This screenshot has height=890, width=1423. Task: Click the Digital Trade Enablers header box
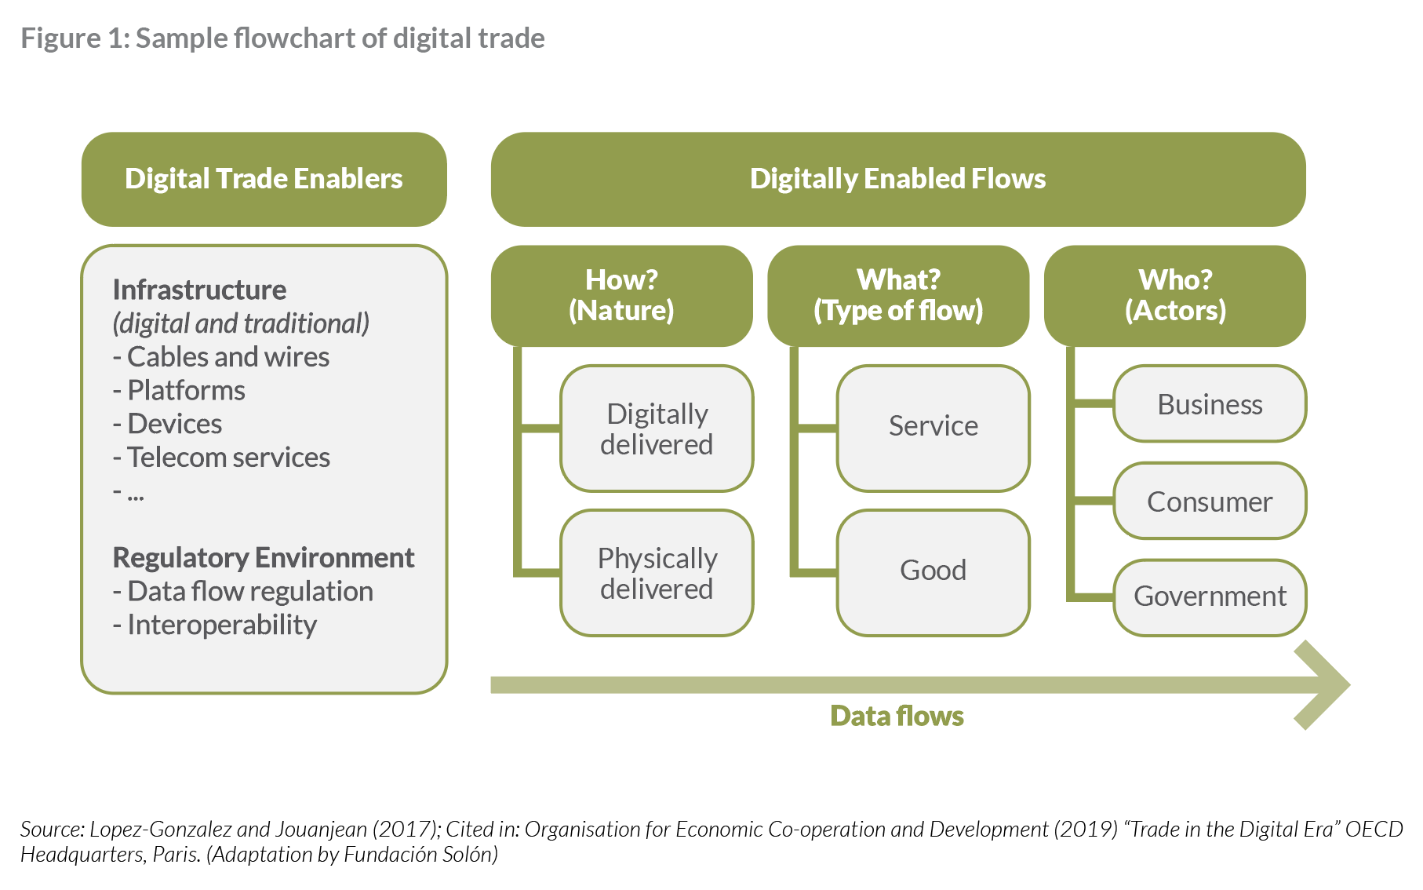click(x=264, y=179)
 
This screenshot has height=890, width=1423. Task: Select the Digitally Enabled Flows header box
click(x=897, y=179)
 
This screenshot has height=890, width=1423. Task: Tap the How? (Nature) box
click(x=621, y=295)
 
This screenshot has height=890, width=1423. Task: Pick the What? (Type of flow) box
click(x=897, y=295)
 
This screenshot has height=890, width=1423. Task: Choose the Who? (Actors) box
click(x=1174, y=295)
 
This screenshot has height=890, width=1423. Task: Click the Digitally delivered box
click(x=657, y=429)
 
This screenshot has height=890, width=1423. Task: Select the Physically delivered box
click(x=657, y=573)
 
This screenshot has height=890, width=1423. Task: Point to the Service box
click(x=933, y=429)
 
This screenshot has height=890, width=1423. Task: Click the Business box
click(x=1210, y=404)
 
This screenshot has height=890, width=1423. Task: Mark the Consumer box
click(x=1210, y=502)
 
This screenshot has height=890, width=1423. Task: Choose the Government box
click(x=1210, y=596)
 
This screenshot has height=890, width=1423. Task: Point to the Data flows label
click(x=897, y=716)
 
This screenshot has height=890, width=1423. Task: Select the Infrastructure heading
click(x=199, y=290)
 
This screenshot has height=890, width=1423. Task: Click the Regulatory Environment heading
click(x=264, y=557)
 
